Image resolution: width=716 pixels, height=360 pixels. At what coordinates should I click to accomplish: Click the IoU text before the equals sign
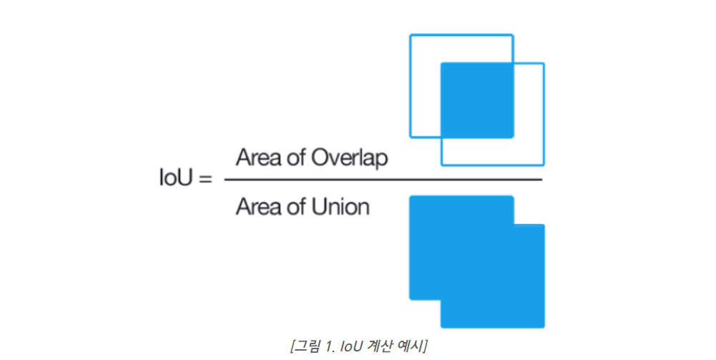click(176, 177)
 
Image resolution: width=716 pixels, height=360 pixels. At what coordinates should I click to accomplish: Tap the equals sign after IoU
click(205, 178)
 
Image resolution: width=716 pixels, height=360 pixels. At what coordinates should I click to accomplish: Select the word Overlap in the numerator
click(349, 158)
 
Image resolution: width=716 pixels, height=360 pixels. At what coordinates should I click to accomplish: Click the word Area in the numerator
click(258, 157)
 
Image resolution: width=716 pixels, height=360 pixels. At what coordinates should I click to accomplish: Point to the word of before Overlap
click(297, 157)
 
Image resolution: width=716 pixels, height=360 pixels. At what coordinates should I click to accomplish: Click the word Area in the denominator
click(258, 207)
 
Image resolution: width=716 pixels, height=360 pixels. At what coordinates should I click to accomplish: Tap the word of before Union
click(297, 207)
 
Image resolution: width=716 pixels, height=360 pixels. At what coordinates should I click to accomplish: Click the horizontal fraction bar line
click(383, 180)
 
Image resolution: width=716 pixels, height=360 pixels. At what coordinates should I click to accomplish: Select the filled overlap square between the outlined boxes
click(477, 100)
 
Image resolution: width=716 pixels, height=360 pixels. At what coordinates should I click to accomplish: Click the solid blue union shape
click(476, 261)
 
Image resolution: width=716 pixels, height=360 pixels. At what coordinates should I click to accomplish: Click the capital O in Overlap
click(320, 157)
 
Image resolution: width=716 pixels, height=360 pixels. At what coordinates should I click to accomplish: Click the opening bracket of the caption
click(293, 346)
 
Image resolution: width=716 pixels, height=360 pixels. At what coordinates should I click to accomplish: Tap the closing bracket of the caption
click(425, 346)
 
